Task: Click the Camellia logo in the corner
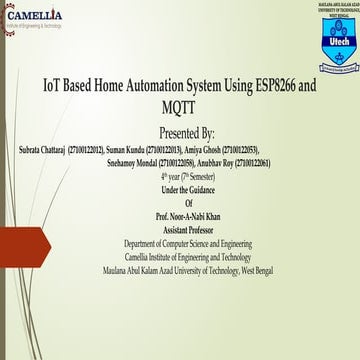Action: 36,17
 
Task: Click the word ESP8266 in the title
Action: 259,86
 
